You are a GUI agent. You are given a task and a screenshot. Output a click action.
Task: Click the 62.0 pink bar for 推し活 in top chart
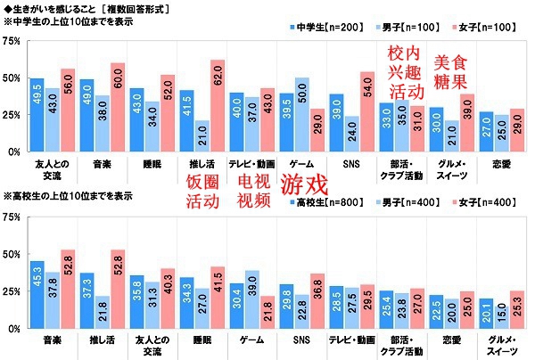coord(218,106)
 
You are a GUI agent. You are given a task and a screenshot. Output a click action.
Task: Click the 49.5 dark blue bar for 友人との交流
coord(37,115)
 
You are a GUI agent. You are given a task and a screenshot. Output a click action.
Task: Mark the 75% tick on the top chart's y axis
coord(12,41)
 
